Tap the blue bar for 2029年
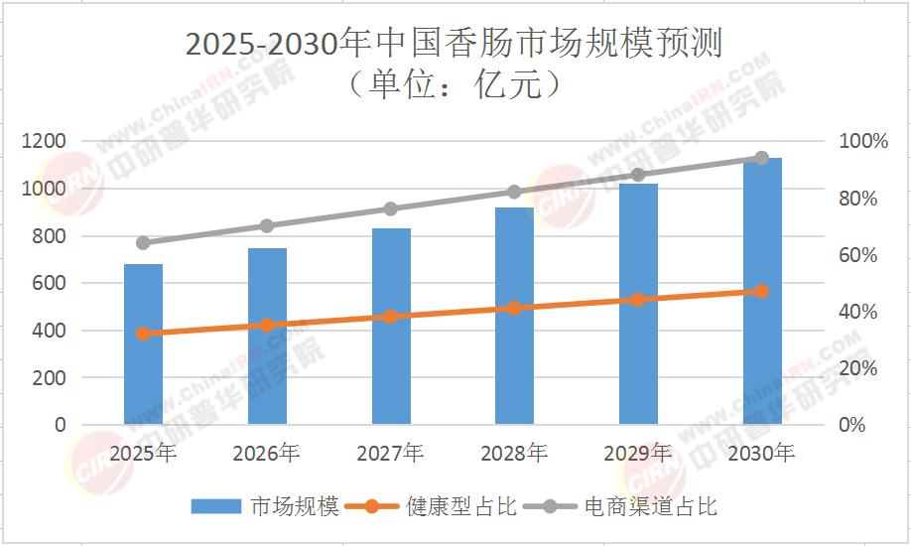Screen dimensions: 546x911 (638, 304)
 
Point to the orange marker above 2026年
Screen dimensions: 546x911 (267, 325)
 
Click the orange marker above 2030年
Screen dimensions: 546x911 (762, 291)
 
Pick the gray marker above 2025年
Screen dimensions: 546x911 (143, 242)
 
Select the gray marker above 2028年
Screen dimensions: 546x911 (514, 192)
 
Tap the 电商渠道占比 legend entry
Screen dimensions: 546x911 (625, 506)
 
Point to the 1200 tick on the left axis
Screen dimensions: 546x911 (45, 142)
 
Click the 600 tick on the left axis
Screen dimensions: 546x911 (50, 283)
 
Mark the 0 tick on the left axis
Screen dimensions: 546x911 (61, 425)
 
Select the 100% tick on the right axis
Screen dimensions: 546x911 (865, 142)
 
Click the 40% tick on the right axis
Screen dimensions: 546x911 (859, 312)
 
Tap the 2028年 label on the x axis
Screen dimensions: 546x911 (514, 454)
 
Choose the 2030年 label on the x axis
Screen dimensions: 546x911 (761, 454)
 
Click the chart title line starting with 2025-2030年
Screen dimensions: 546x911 (455, 45)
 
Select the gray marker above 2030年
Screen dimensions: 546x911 (762, 158)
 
